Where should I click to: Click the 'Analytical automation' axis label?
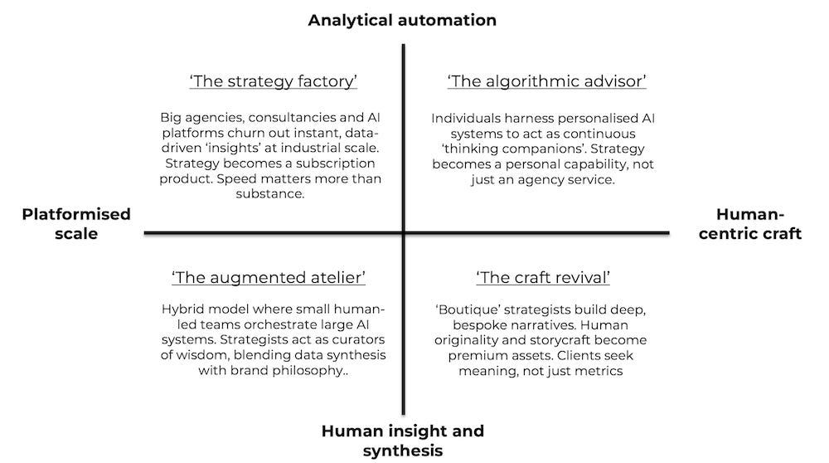click(402, 20)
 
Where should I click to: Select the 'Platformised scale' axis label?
click(76, 224)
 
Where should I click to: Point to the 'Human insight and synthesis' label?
click(402, 441)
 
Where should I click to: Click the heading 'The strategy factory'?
click(273, 81)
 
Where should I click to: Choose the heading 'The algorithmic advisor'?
click(546, 81)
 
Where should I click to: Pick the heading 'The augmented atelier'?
click(269, 277)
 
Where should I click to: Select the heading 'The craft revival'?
click(543, 277)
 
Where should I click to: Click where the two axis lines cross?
click(405, 233)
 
